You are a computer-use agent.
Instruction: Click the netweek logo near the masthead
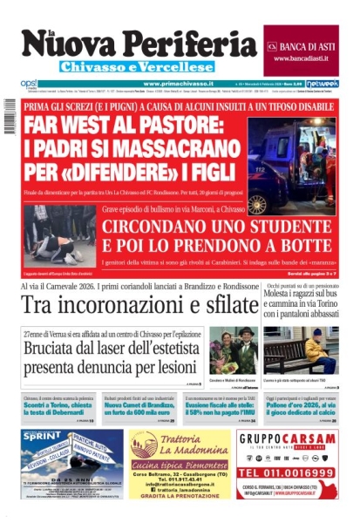tap(322, 84)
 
